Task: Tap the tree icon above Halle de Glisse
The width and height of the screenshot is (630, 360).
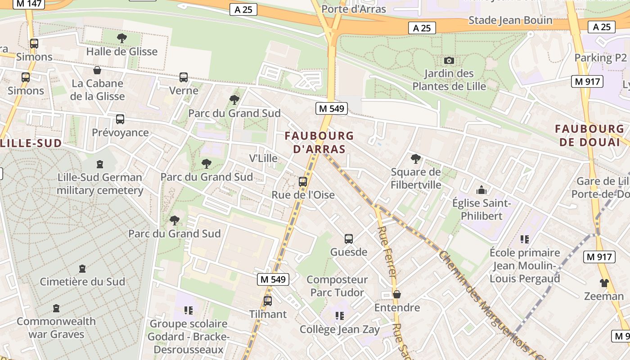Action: [x=121, y=38]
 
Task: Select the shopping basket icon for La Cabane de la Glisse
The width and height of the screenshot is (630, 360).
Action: [x=97, y=70]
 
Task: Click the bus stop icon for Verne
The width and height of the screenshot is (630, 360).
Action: [x=183, y=77]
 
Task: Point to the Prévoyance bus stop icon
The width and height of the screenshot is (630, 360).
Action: [x=120, y=119]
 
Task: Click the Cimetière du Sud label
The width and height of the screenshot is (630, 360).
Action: [x=82, y=282]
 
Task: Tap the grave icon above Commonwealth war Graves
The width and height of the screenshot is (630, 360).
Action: [x=56, y=308]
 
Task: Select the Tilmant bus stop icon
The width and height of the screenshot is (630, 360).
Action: [x=268, y=301]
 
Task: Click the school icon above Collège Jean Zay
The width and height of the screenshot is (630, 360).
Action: [x=340, y=316]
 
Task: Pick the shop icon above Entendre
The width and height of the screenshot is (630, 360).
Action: [x=397, y=294]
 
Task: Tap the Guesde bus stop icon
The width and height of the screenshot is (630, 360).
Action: [x=349, y=238]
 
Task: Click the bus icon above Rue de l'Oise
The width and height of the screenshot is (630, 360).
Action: [x=303, y=182]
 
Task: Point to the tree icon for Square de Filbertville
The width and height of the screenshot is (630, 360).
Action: [x=416, y=158]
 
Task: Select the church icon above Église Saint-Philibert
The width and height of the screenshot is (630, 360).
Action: [x=481, y=190]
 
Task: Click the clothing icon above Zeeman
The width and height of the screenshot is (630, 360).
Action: [x=604, y=283]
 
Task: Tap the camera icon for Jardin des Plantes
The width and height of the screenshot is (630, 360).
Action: [x=449, y=60]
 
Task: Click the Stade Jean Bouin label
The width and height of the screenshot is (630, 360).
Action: [x=510, y=20]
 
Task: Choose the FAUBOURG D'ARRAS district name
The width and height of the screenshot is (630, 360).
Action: [x=319, y=142]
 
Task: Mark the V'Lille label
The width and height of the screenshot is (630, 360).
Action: [x=263, y=158]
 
